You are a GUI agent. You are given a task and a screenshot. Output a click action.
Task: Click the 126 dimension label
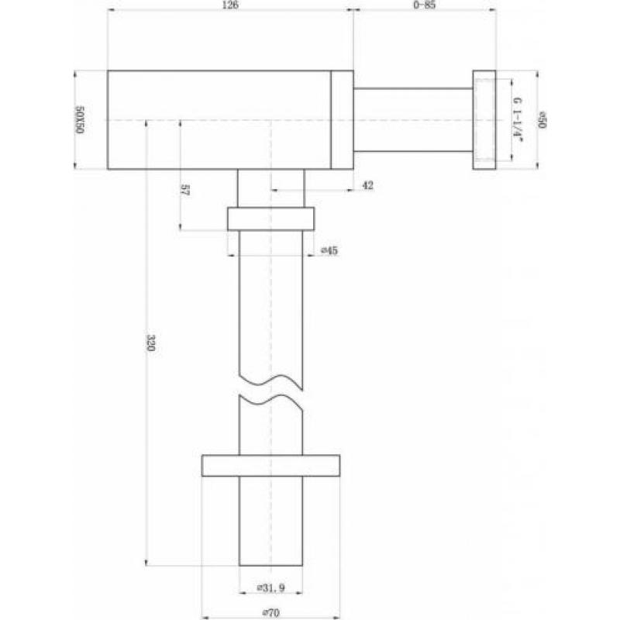click(230, 5)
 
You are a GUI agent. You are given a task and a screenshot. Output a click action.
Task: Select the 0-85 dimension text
click(424, 5)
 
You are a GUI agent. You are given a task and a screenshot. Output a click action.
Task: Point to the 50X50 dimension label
click(80, 120)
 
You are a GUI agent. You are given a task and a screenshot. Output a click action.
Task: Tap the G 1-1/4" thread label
click(518, 119)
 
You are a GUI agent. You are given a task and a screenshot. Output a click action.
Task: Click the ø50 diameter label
click(542, 120)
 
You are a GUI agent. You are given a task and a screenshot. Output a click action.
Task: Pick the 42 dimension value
click(367, 185)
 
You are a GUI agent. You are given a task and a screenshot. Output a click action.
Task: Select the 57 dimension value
click(184, 190)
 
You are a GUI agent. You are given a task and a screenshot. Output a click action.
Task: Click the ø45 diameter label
click(329, 250)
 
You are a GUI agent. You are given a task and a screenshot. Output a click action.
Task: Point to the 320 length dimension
click(150, 343)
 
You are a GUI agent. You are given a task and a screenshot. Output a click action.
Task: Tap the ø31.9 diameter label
click(270, 588)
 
